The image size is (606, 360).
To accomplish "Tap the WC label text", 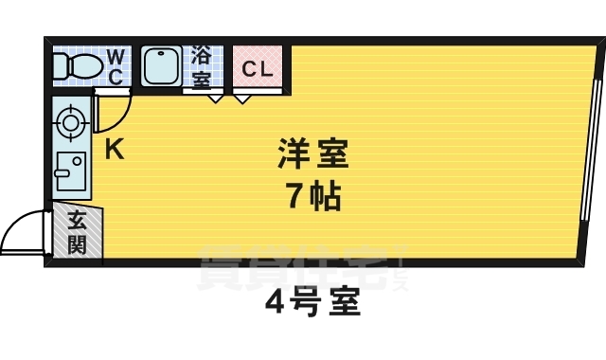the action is point(115,66).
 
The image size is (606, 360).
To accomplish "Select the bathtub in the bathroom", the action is point(164,66).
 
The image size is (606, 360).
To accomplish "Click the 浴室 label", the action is point(201,66).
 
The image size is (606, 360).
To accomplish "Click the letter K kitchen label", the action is point(113,149).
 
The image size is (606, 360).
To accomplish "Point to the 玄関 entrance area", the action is point(77,233).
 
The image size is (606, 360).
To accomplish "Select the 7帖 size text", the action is point(312,197).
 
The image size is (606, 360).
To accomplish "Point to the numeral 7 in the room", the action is point(294,197).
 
